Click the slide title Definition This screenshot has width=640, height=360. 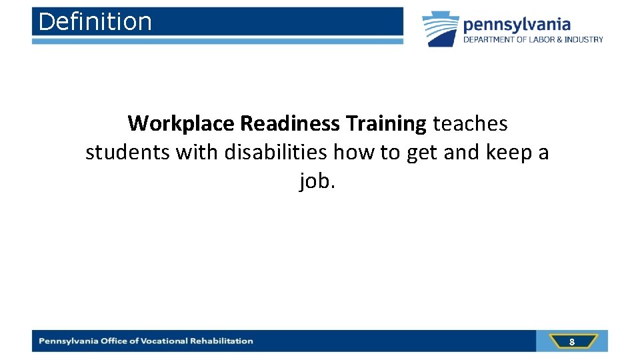coord(95,22)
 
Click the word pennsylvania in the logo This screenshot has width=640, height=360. coord(517,25)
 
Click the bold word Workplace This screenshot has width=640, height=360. coord(181,123)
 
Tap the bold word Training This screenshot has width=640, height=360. coord(387,123)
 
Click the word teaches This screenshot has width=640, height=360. coord(470,123)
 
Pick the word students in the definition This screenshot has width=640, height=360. coord(128,153)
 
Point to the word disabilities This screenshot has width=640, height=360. coord(275,153)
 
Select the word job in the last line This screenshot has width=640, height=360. coord(313,181)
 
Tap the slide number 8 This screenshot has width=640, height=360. coord(571,342)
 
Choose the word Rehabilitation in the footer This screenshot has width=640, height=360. coord(221,341)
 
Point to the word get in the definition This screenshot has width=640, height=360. coord(421,153)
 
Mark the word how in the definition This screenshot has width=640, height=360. coord(353,153)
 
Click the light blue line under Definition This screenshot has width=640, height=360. coord(217,41)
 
